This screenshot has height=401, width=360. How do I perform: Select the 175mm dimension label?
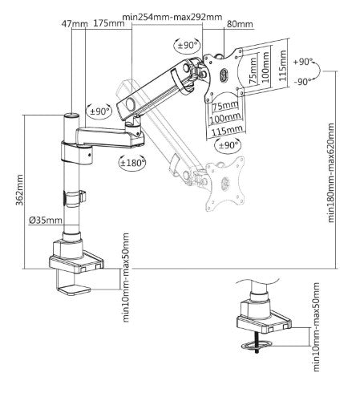click(x=108, y=22)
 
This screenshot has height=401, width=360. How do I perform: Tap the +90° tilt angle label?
click(x=302, y=61)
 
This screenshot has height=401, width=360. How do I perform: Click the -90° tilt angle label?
click(x=302, y=81)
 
